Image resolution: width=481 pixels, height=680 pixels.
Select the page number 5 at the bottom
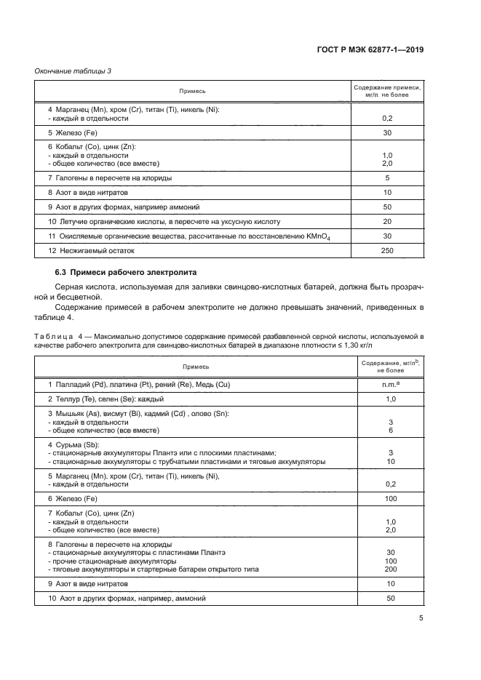[x=421, y=618]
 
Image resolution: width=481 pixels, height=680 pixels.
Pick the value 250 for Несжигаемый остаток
[x=386, y=251]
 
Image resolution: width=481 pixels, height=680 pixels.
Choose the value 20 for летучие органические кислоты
[x=386, y=221]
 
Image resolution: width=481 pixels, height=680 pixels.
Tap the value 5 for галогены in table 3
[x=386, y=177]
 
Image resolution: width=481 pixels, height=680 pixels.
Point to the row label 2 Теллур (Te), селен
[x=106, y=399]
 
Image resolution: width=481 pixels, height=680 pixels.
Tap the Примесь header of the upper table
[x=194, y=91]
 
